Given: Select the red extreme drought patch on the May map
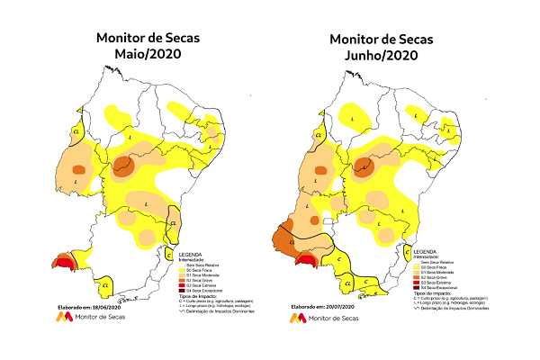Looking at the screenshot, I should click(x=64, y=262).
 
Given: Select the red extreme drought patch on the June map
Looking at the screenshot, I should click(x=307, y=260).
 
